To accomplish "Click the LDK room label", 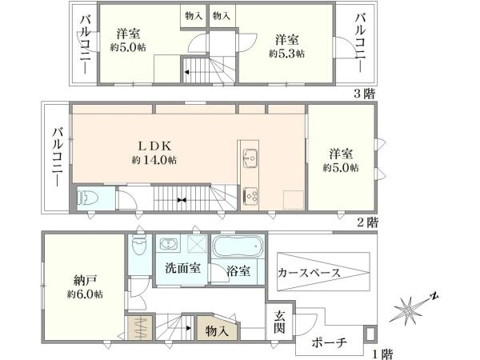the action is click(154, 146).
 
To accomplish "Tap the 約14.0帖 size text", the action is click(154, 160).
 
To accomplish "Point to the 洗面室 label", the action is click(182, 268).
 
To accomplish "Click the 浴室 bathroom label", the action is click(238, 271).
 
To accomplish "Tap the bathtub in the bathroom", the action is click(238, 246).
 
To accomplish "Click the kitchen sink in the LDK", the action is click(250, 158).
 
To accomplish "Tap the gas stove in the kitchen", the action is click(250, 196).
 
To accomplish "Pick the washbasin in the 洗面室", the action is click(168, 244).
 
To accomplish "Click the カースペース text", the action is click(309, 272).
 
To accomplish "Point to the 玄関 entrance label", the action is click(279, 322).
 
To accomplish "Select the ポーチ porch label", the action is click(329, 342).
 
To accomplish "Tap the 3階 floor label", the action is click(364, 94).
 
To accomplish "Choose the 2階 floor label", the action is click(367, 222).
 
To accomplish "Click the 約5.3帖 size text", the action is click(286, 54).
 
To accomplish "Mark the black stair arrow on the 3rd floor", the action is click(186, 72).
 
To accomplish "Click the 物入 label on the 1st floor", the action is click(217, 330).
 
